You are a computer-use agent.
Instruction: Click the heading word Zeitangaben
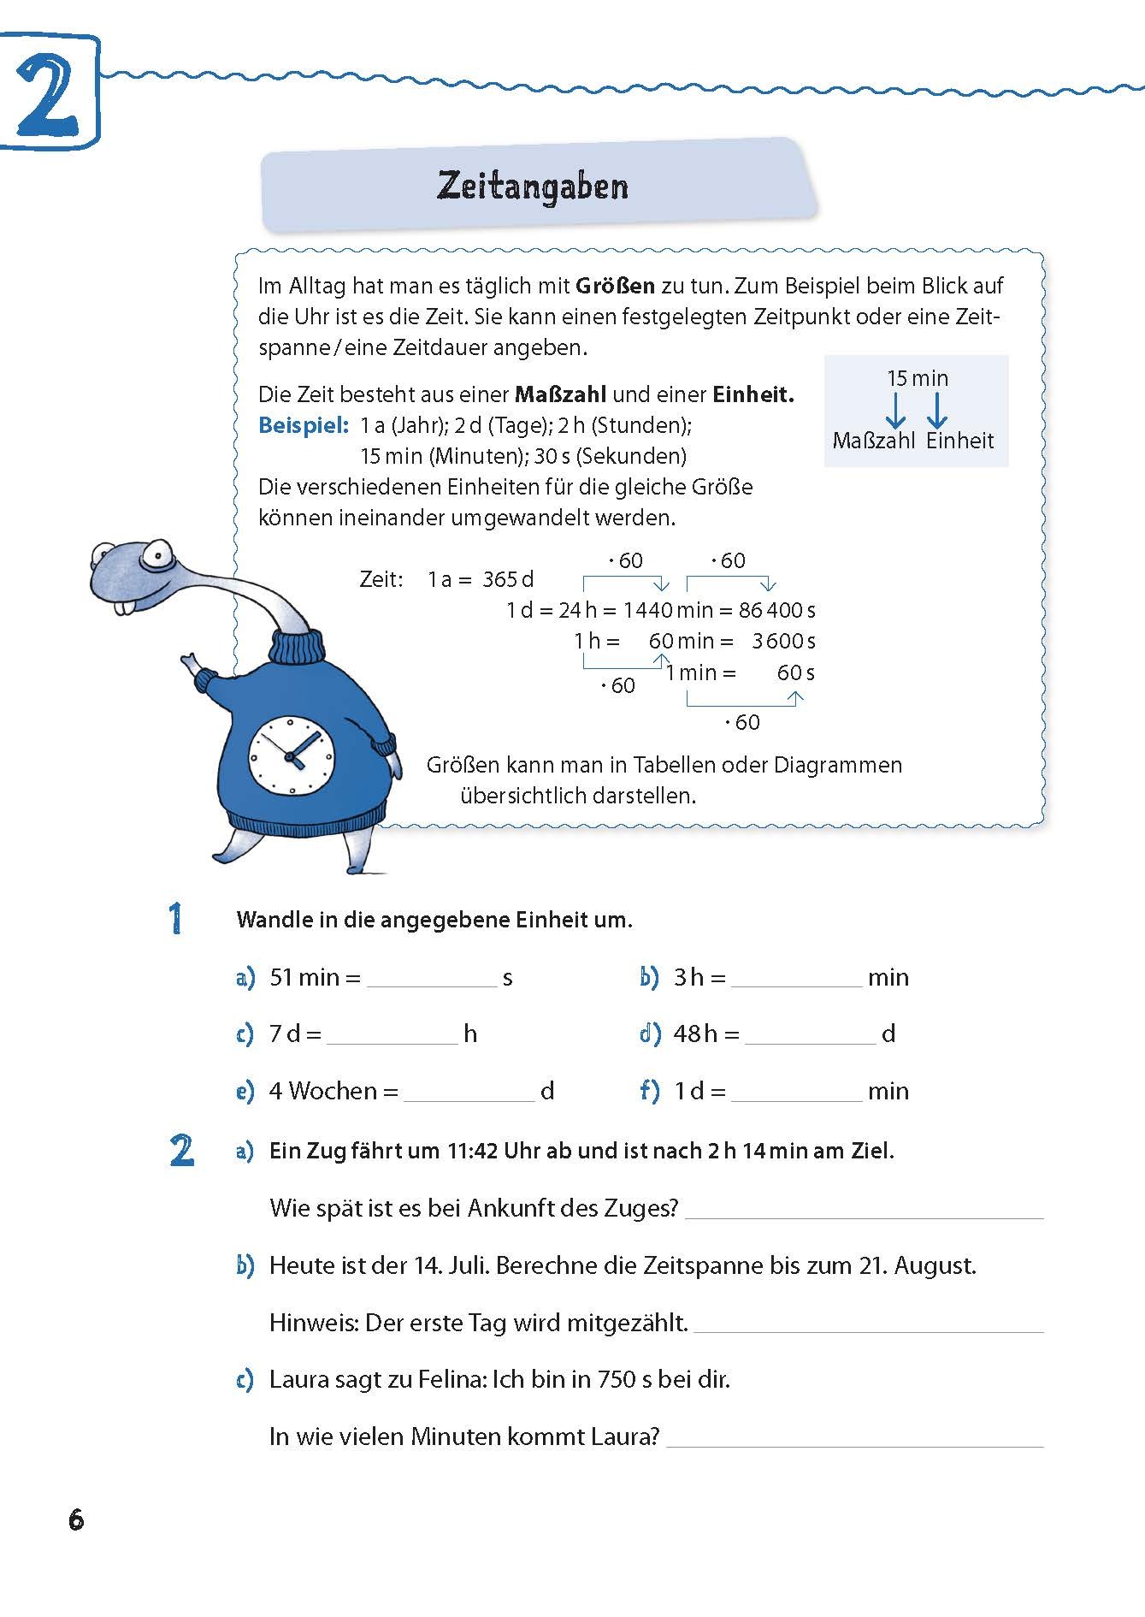[x=532, y=186]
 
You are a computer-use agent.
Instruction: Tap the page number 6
[x=76, y=1519]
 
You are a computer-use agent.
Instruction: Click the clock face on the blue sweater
[x=291, y=755]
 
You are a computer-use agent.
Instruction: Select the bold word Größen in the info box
[x=615, y=286]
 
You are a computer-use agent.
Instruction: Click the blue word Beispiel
[x=304, y=425]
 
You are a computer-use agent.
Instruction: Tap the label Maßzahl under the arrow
[x=873, y=441]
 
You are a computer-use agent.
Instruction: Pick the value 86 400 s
[x=777, y=610]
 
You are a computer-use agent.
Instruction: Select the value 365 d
[x=508, y=579]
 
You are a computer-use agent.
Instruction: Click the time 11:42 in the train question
[x=472, y=1151]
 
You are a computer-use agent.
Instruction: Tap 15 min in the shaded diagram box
[x=918, y=378]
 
